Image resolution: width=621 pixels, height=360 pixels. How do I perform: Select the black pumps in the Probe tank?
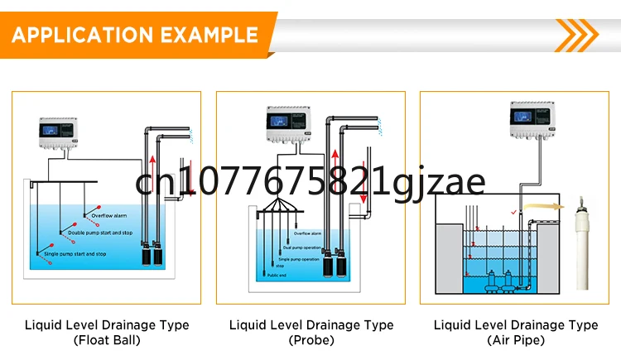[333, 264]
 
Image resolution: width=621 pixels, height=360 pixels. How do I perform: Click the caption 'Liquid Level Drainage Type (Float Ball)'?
[106, 332]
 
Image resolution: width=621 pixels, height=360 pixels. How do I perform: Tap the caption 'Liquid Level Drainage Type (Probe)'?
[311, 332]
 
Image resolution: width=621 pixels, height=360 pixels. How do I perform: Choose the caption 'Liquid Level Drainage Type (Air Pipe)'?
[516, 332]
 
